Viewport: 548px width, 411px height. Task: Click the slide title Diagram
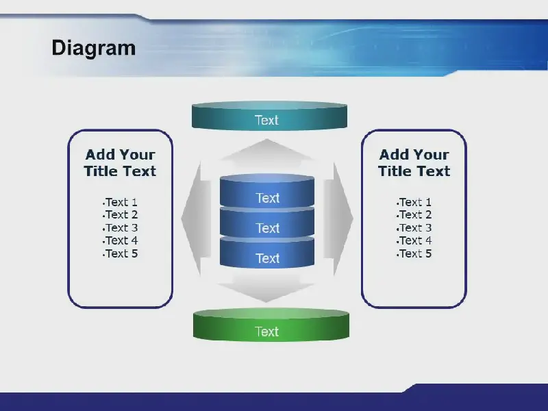click(94, 48)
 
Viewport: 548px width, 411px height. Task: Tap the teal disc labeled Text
click(269, 116)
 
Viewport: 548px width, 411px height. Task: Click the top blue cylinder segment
click(267, 191)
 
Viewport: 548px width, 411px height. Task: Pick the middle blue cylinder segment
click(267, 223)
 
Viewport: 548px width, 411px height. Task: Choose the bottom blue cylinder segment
click(267, 253)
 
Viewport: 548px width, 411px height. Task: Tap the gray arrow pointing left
click(196, 219)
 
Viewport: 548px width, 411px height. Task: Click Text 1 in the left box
click(121, 202)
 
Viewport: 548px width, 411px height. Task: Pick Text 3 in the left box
click(122, 228)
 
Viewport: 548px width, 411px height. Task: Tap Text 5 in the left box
click(122, 253)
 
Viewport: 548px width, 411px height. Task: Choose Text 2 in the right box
click(415, 214)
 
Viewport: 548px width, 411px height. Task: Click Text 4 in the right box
click(415, 241)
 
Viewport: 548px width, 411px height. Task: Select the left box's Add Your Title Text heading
click(121, 163)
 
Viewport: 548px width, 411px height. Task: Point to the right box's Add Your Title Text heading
click(414, 163)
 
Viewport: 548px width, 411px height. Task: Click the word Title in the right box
click(395, 171)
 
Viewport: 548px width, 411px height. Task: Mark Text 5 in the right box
click(415, 253)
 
